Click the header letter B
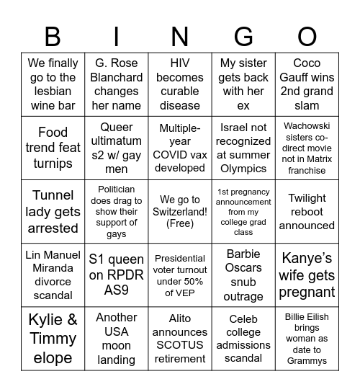(53, 35)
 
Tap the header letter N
(180, 35)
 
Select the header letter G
(243, 35)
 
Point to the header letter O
(307, 35)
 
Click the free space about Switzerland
(180, 212)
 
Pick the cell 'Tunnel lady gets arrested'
(53, 212)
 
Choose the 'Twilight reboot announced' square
(307, 212)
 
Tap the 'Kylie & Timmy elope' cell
(53, 338)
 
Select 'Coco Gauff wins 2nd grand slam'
(307, 84)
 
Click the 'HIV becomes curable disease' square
(180, 84)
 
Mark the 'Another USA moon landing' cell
(116, 338)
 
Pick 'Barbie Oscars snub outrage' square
(243, 275)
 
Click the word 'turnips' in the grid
(53, 164)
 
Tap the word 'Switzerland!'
(180, 212)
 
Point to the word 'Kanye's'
(307, 257)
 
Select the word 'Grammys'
(307, 360)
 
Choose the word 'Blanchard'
(116, 77)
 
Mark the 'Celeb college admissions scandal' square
(243, 338)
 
